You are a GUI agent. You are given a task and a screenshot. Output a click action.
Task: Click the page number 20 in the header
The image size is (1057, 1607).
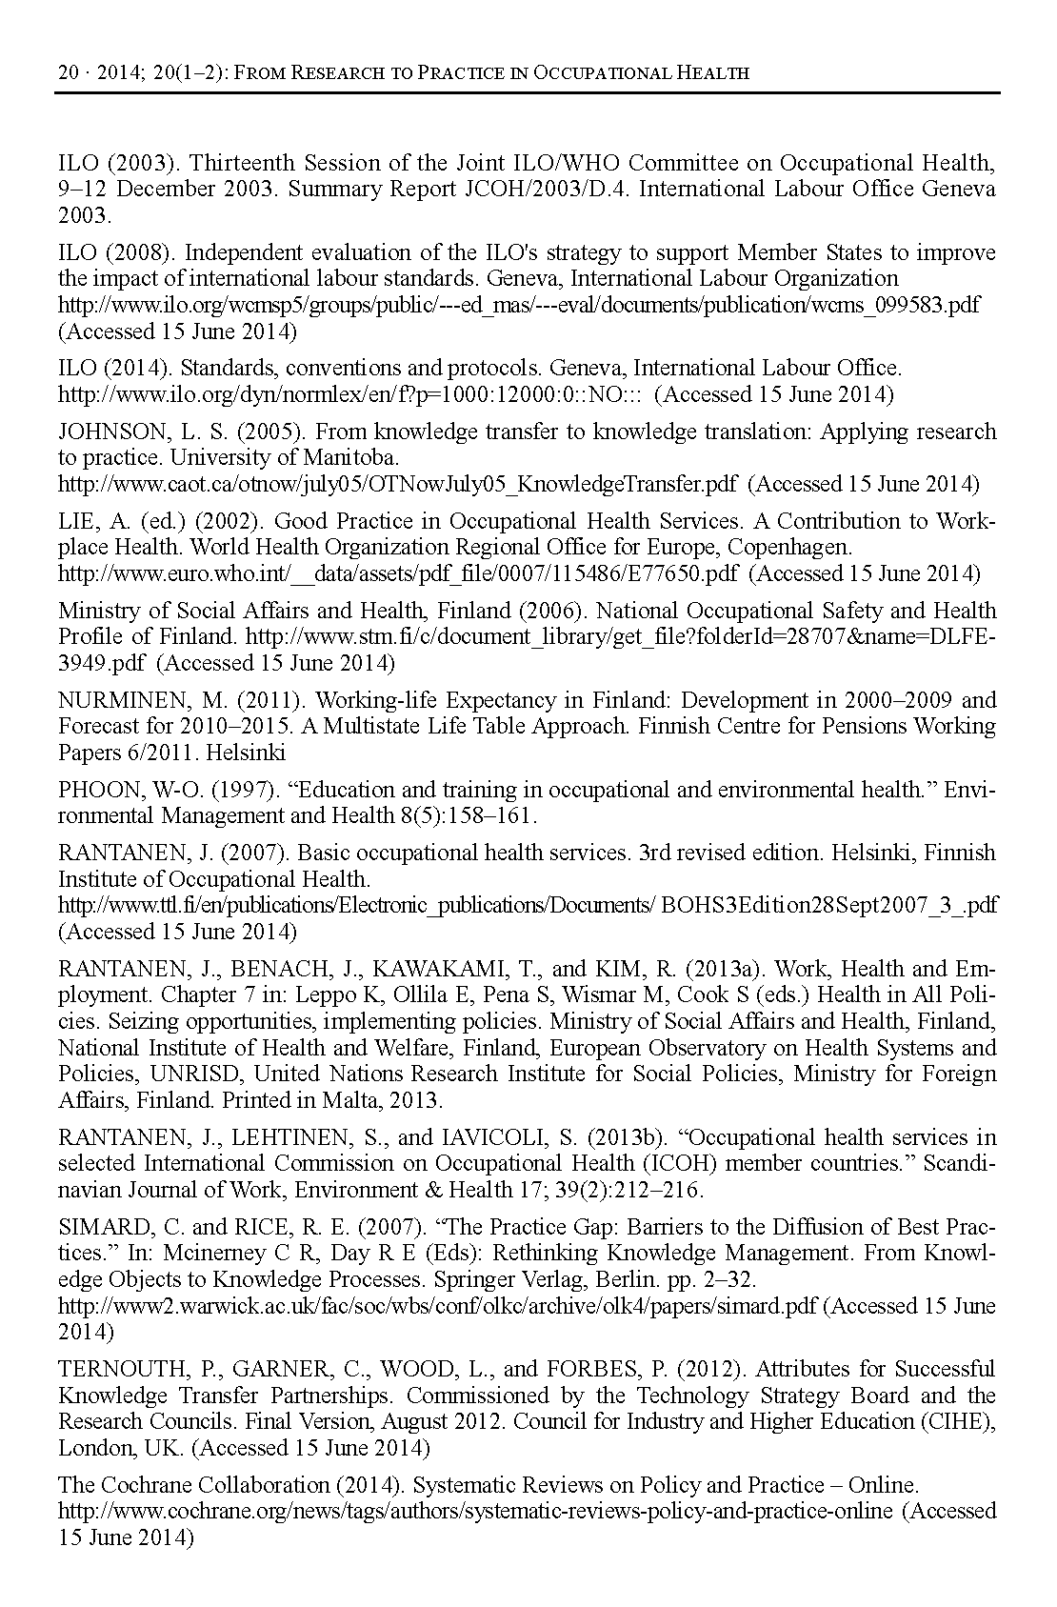[x=68, y=72]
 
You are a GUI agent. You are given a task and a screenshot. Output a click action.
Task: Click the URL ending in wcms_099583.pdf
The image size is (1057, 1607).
[x=519, y=306]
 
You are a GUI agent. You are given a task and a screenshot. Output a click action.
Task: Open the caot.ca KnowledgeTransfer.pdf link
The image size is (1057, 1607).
[x=397, y=485]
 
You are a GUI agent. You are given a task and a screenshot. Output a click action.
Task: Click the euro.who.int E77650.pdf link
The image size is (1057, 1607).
[x=398, y=574]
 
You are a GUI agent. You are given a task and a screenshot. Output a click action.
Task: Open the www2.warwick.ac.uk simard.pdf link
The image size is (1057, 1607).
[x=437, y=1306]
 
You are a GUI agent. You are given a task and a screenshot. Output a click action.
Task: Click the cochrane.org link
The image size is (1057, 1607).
[x=476, y=1511]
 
